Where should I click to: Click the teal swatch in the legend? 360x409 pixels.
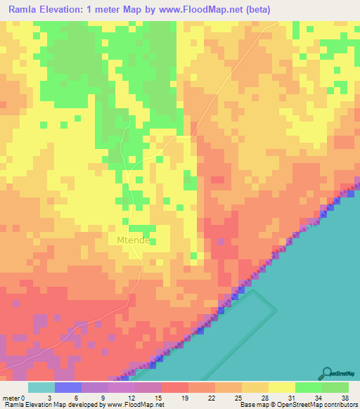[x=41, y=387]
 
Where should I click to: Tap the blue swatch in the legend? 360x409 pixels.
[x=67, y=387]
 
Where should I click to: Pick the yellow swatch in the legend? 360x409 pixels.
[x=281, y=387]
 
